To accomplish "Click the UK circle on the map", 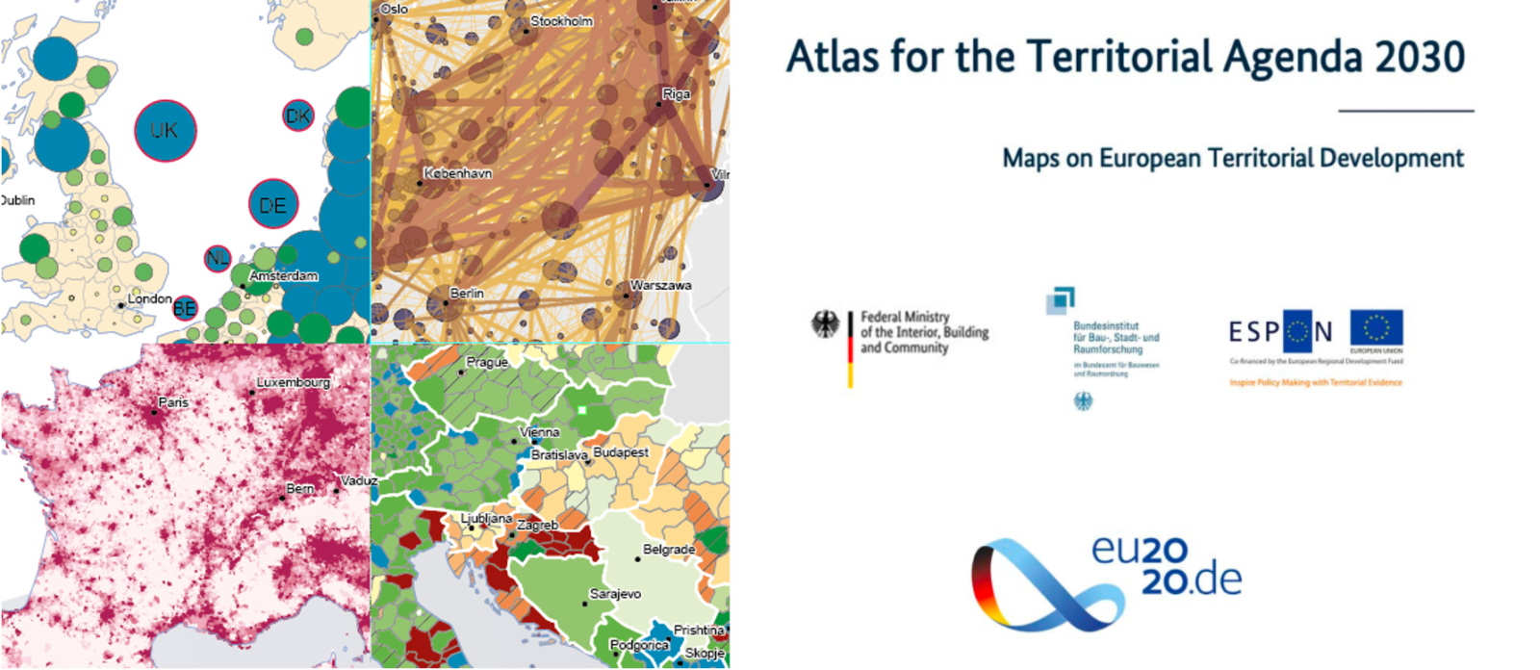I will (x=165, y=131).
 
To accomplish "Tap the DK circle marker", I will (x=298, y=116).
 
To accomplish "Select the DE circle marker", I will (x=273, y=205).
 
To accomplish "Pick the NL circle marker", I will (x=218, y=258).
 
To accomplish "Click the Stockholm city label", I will (x=561, y=21).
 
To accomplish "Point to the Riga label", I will (x=676, y=94).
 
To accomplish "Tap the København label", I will (x=458, y=173).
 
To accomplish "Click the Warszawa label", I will (x=660, y=286).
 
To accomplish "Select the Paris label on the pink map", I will (x=173, y=402).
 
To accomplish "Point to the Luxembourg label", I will (x=294, y=382).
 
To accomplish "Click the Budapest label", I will (x=621, y=452).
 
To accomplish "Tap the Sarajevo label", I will (x=615, y=594).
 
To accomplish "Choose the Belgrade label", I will (x=669, y=550).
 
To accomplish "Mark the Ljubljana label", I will (x=486, y=518).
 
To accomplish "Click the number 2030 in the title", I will (x=1420, y=58).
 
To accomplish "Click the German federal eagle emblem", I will (x=825, y=325).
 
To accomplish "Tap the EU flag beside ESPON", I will (x=1376, y=329).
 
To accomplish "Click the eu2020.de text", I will (x=1167, y=565).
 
